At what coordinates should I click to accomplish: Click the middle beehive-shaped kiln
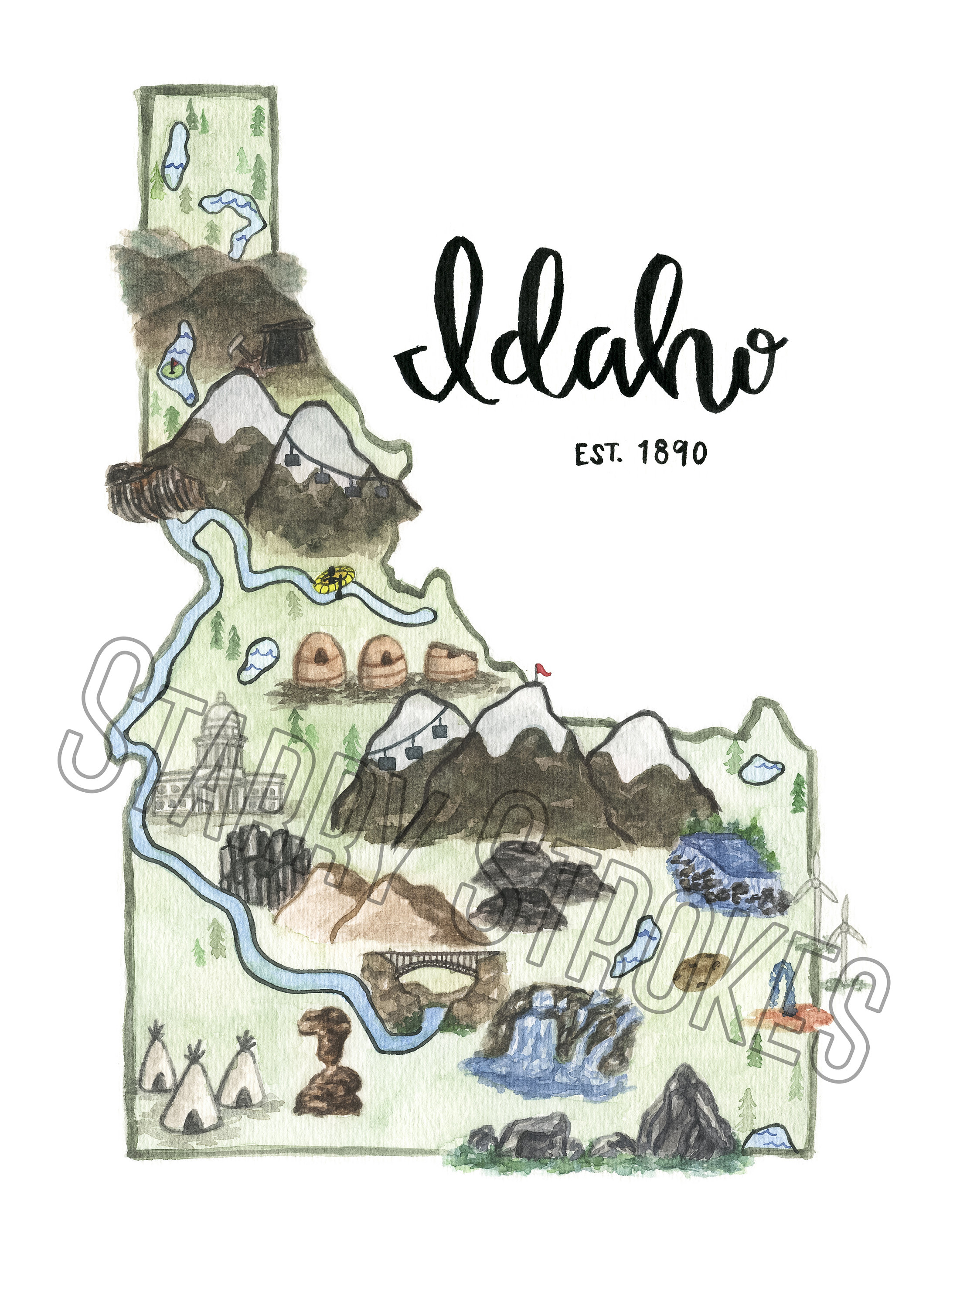[382, 662]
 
